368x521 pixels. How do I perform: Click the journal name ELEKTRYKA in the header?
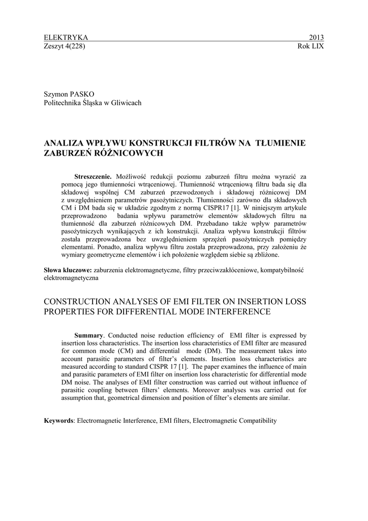pyautogui.click(x=67, y=38)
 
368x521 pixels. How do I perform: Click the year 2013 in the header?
pyautogui.click(x=316, y=38)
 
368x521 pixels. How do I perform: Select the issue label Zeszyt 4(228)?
pyautogui.click(x=65, y=46)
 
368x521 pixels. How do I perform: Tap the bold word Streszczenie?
pyautogui.click(x=93, y=176)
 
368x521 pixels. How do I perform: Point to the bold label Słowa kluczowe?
pyautogui.click(x=68, y=270)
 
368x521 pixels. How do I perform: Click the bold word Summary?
pyautogui.click(x=89, y=335)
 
